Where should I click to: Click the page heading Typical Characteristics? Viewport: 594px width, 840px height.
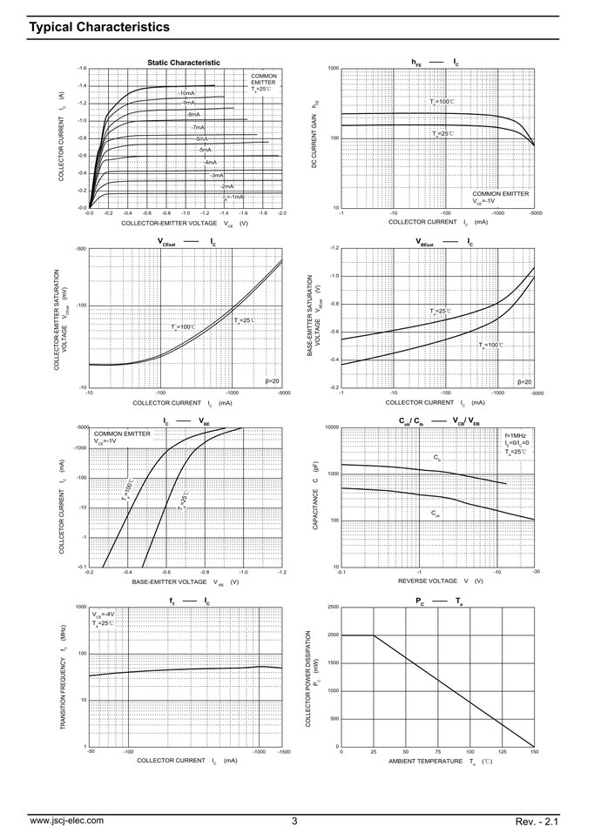pyautogui.click(x=99, y=27)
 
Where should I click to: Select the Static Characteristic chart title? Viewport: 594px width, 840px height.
pyautogui.click(x=183, y=62)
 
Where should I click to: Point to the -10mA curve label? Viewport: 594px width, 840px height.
pyautogui.click(x=186, y=92)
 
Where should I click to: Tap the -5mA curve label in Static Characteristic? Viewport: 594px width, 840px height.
pyautogui.click(x=205, y=150)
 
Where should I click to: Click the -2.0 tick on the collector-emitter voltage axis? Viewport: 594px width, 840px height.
pyautogui.click(x=281, y=212)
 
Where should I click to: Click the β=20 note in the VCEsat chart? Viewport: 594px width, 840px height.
pyautogui.click(x=272, y=381)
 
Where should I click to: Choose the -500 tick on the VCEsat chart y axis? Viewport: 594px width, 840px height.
pyautogui.click(x=81, y=249)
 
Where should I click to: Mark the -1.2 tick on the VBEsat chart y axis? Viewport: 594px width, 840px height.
pyautogui.click(x=333, y=249)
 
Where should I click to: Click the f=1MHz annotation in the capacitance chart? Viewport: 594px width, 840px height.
pyautogui.click(x=516, y=434)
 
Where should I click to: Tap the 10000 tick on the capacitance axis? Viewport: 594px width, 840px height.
pyautogui.click(x=331, y=427)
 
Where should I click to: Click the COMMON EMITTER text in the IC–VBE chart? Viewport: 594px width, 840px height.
pyautogui.click(x=122, y=433)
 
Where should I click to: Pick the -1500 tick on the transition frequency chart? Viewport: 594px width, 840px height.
pyautogui.click(x=281, y=751)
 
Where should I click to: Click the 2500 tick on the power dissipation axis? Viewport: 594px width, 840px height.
pyautogui.click(x=333, y=607)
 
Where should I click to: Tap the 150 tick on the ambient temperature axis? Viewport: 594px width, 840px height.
pyautogui.click(x=533, y=751)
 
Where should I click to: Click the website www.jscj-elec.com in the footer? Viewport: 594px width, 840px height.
pyautogui.click(x=66, y=820)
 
